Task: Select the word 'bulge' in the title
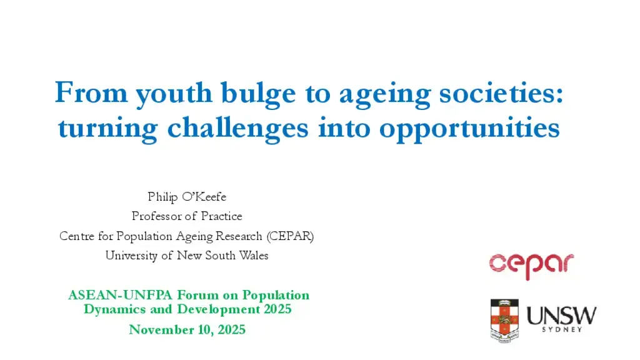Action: pos(258,94)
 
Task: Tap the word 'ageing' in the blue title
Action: pos(384,96)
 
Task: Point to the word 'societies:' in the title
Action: pos(501,92)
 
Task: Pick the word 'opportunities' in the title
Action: pos(469,129)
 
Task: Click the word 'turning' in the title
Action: pos(107,129)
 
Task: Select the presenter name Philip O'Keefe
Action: pos(187,197)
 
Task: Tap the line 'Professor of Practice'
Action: pos(187,216)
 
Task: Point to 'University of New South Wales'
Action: pos(187,256)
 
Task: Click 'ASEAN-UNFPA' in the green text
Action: pos(121,295)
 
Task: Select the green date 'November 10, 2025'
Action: pos(187,329)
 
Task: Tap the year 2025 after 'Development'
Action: pos(277,309)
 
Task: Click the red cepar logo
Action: pos(531,266)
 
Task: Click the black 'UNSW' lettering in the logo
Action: pos(562,316)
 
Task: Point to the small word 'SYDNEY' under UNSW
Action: pos(562,329)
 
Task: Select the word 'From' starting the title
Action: pos(91,92)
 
